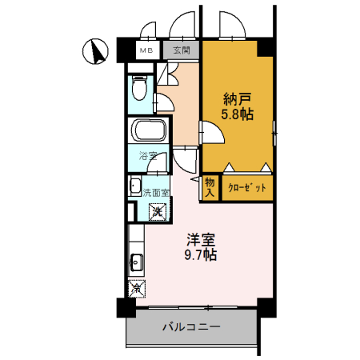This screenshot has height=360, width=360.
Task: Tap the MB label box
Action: (x=146, y=50)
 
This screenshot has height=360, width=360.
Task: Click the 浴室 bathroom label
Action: (x=147, y=156)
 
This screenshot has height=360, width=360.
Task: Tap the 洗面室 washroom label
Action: (x=156, y=193)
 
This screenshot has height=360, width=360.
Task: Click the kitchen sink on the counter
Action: (x=136, y=261)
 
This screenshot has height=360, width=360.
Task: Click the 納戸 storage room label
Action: (x=238, y=98)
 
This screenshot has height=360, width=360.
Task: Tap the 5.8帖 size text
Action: (x=238, y=114)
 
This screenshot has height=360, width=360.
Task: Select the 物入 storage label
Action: (x=210, y=187)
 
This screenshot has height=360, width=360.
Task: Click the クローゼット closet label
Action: (x=246, y=187)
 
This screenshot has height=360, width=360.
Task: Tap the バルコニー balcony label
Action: (x=191, y=326)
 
